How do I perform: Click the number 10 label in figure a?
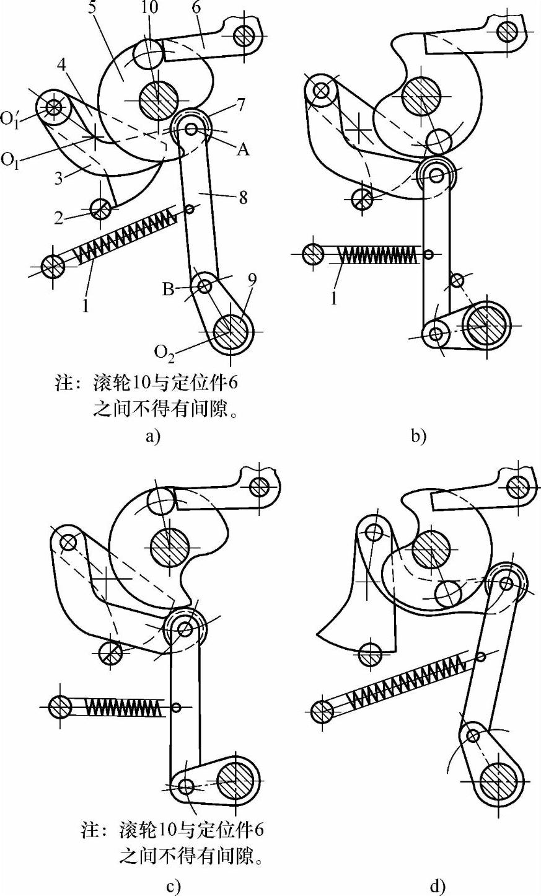(149, 7)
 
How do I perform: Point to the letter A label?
(244, 149)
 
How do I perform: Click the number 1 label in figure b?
(334, 298)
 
